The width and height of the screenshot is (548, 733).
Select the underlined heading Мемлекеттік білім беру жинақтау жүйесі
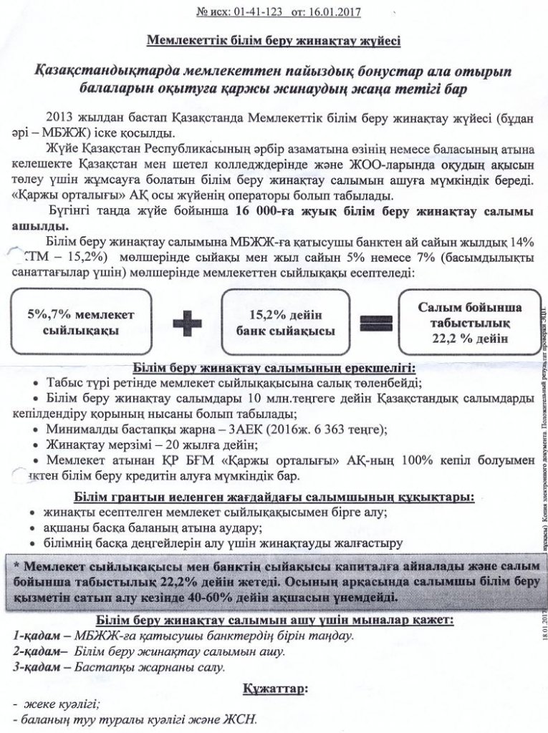(274, 41)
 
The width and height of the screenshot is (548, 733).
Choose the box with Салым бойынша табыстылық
(470, 323)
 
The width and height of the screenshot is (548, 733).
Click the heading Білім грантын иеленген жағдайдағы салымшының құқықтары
(274, 497)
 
